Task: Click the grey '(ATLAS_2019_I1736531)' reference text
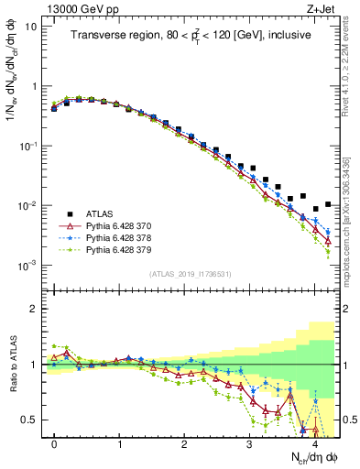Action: pos(191,273)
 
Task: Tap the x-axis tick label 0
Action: pos(54,444)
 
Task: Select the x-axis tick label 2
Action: pos(184,444)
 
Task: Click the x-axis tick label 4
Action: pos(314,444)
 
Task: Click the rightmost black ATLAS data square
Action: pos(328,204)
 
